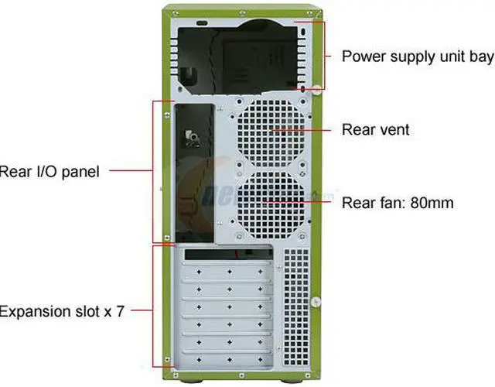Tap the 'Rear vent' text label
click(x=375, y=129)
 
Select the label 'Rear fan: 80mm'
click(x=397, y=203)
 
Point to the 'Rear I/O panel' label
click(x=50, y=171)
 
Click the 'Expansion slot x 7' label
click(x=61, y=311)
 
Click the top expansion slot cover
click(x=228, y=272)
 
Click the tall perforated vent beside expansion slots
click(x=295, y=308)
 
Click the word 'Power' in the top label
click(x=362, y=57)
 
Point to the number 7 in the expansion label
click(x=119, y=311)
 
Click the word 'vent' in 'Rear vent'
click(x=393, y=129)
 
